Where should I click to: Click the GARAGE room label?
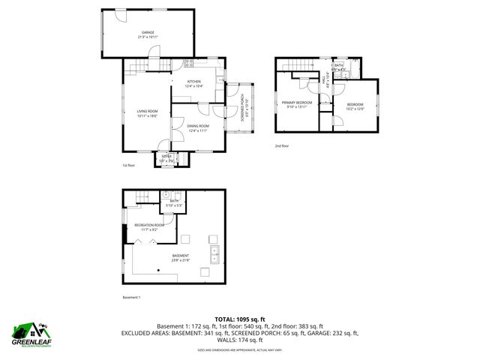pos(148,32)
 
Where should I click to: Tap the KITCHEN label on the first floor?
pos(194,82)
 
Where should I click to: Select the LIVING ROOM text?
pos(147,111)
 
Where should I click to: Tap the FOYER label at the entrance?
pos(166,156)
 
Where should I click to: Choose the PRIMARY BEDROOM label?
pos(296,102)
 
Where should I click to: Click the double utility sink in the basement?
pos(214,254)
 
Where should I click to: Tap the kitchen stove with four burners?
pos(189,64)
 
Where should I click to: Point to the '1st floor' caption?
pos(130,166)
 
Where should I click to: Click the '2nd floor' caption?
pos(281,145)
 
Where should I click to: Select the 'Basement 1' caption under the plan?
pos(131,297)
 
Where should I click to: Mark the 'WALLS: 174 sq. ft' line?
pos(239,340)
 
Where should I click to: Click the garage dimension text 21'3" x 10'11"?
pos(148,37)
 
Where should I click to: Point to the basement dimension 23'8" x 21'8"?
pos(180,259)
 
